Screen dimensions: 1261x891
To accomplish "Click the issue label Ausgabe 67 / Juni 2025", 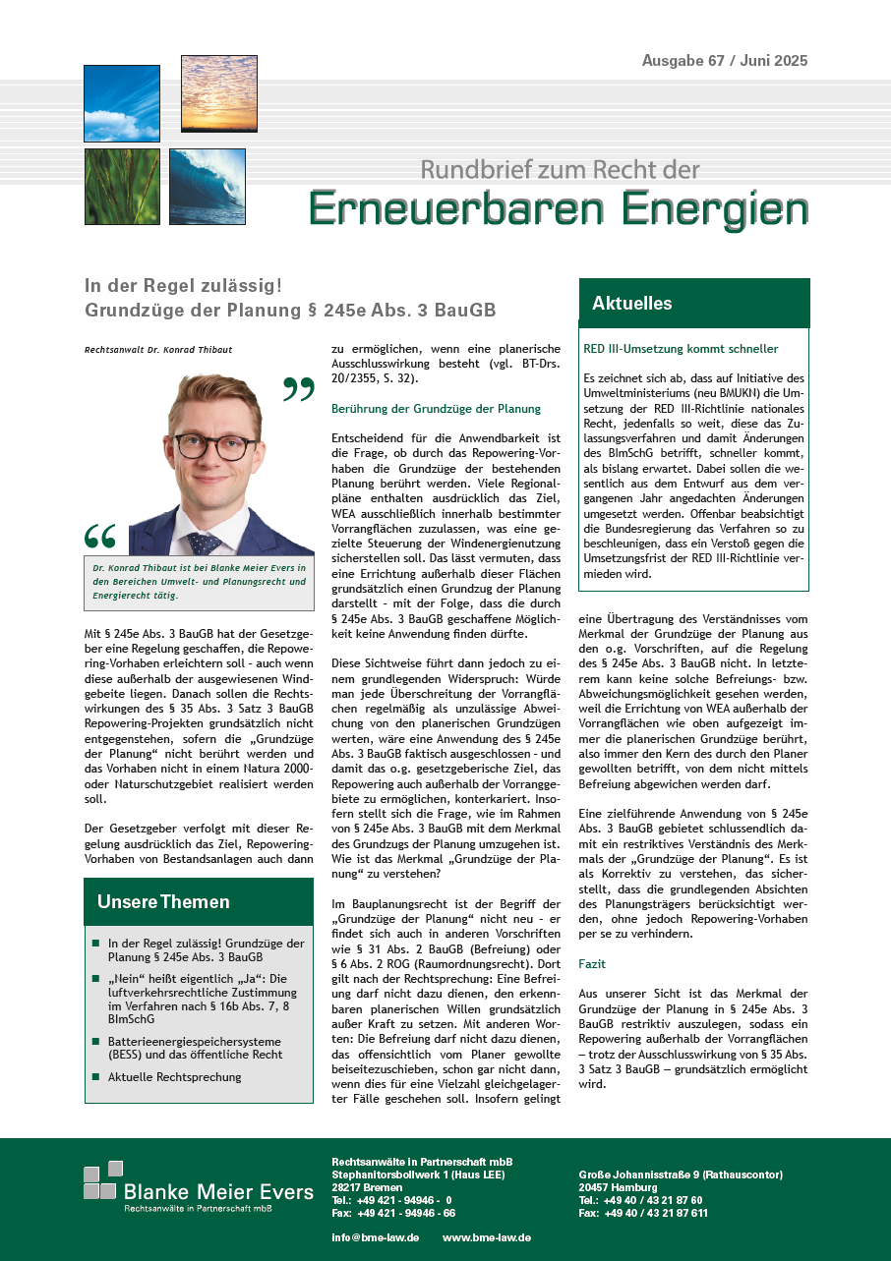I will tap(725, 61).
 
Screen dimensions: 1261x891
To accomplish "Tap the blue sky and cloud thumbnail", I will tap(121, 103).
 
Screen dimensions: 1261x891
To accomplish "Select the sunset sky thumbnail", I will tap(218, 93).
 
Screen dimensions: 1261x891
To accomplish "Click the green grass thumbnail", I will tap(121, 187).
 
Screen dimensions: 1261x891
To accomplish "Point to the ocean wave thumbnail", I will tap(207, 187).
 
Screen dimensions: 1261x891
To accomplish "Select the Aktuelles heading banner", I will tap(693, 304).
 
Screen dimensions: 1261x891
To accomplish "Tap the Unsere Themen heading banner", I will tap(199, 901).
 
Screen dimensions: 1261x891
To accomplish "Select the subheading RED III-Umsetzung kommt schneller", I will tap(681, 349).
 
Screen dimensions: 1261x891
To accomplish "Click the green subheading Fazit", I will tap(592, 965).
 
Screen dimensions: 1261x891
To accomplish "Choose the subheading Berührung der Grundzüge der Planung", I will tap(437, 408).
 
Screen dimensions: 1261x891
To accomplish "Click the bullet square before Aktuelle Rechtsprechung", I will tap(95, 1077).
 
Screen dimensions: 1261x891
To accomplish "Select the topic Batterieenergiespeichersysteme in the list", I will tap(195, 1041).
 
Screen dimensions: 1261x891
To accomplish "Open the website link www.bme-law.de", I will tap(487, 1237).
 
